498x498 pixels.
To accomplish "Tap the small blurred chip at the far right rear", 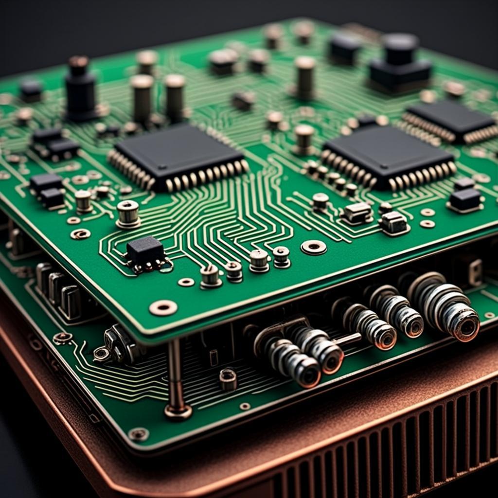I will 450,119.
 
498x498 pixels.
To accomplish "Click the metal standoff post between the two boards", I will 176,379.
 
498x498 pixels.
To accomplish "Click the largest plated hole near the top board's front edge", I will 163,307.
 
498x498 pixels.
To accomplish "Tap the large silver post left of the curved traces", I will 128,213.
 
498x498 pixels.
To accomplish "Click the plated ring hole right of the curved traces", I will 313,247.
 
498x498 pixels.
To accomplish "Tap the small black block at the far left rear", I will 31,89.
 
